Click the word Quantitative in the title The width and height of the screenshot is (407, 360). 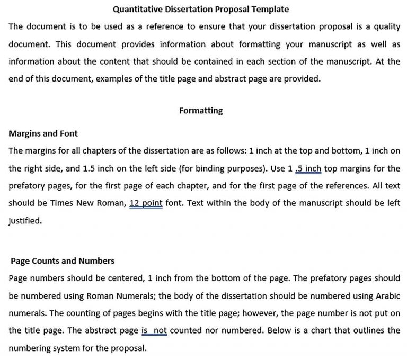pos(137,9)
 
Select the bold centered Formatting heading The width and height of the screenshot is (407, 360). pos(201,111)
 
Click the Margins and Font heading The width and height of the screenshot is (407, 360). pos(43,133)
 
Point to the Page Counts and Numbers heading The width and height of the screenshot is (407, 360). pos(63,261)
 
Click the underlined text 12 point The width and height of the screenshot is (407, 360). pos(146,203)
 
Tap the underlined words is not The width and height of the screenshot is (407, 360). pos(154,331)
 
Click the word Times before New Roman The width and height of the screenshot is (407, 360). pos(65,203)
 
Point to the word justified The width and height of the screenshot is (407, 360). pos(25,221)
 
